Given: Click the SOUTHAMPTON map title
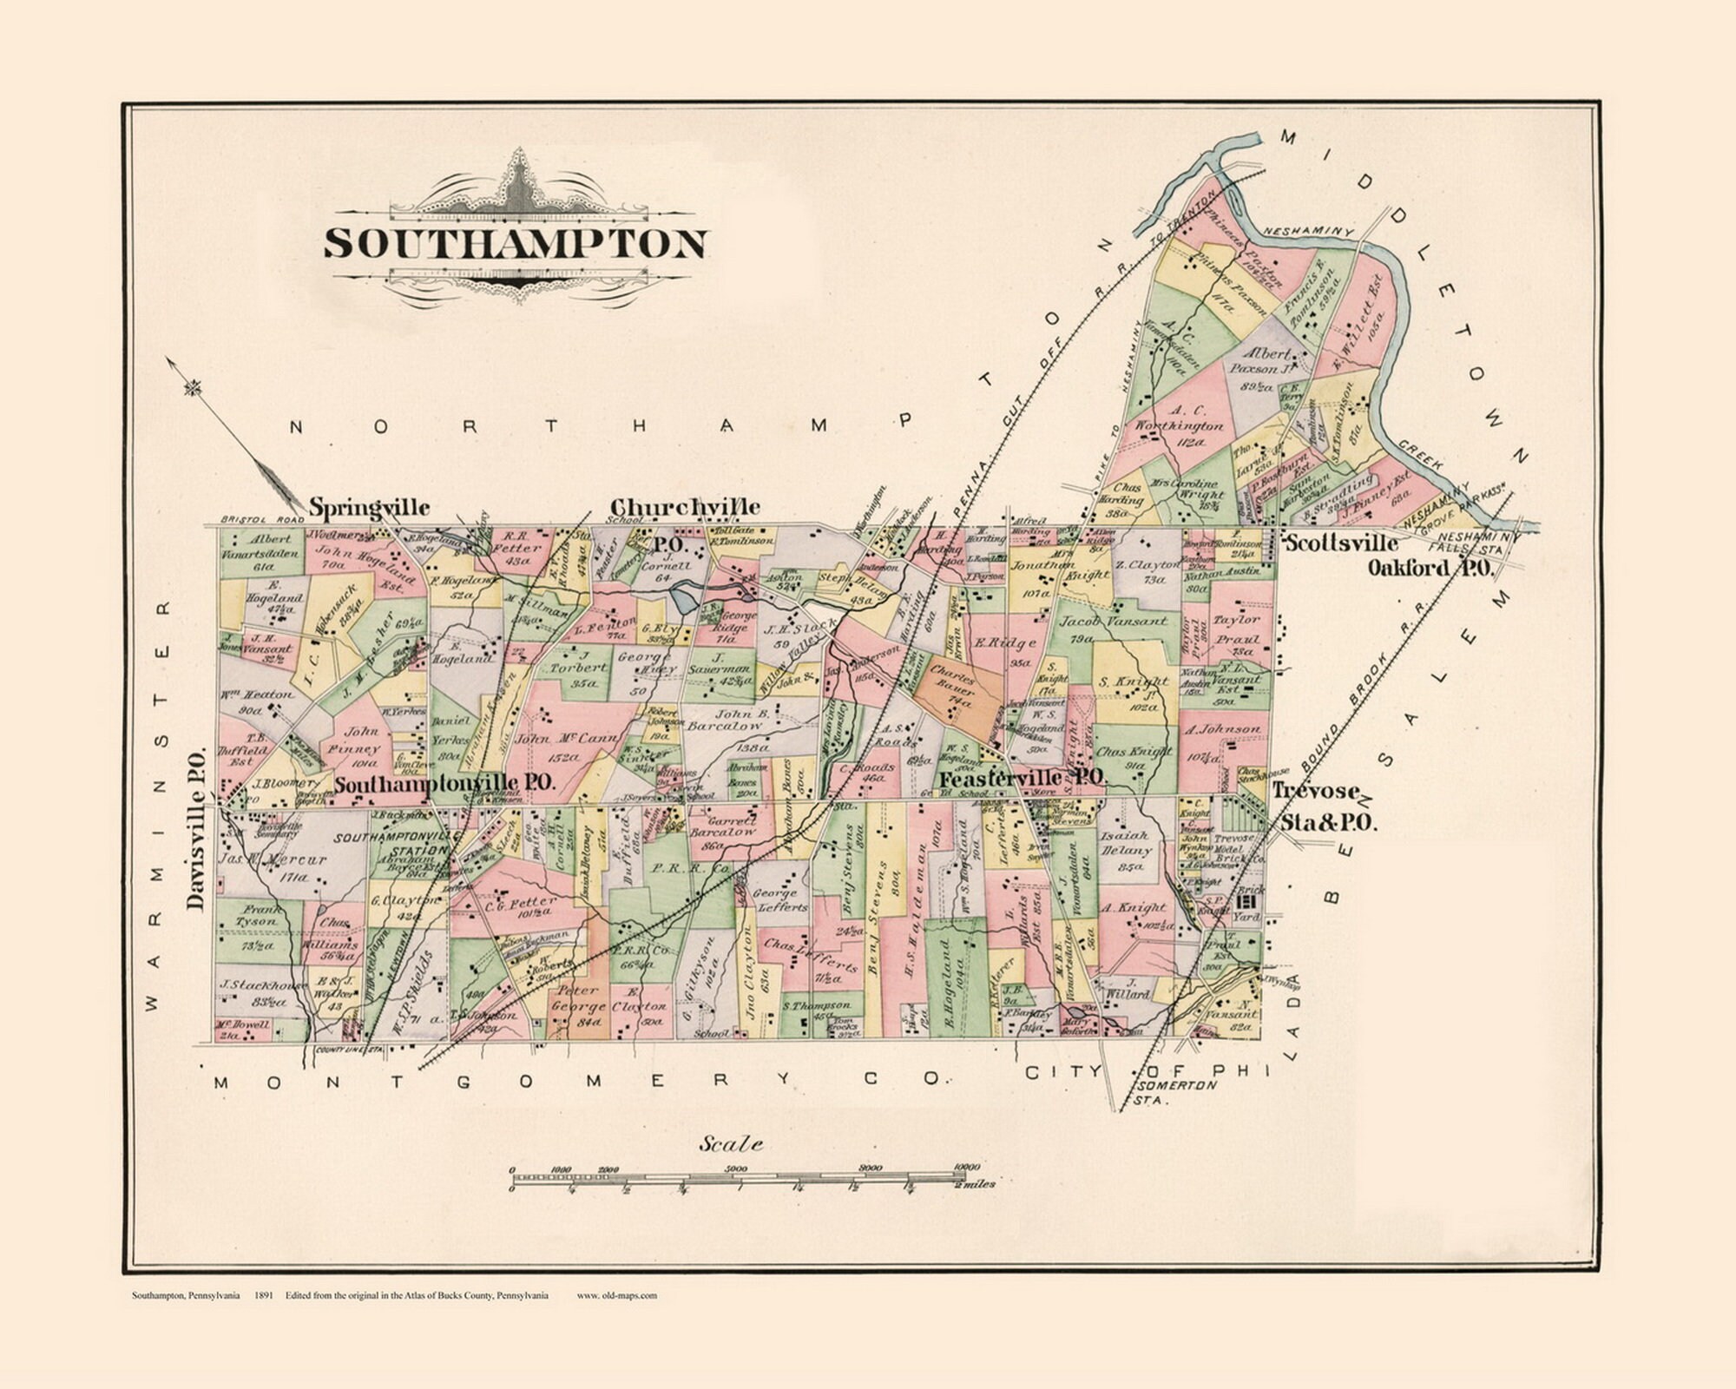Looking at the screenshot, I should (516, 244).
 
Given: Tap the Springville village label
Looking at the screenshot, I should (370, 507).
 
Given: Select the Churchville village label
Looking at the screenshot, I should (686, 507).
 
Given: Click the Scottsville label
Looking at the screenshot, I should (1341, 543).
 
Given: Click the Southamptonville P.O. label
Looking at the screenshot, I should (444, 782).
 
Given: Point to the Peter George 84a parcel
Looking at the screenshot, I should (580, 1008).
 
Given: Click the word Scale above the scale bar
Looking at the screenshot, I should (732, 1144).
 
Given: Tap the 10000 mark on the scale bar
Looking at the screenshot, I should (965, 1167).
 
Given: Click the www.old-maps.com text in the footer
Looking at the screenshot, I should (616, 1296).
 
